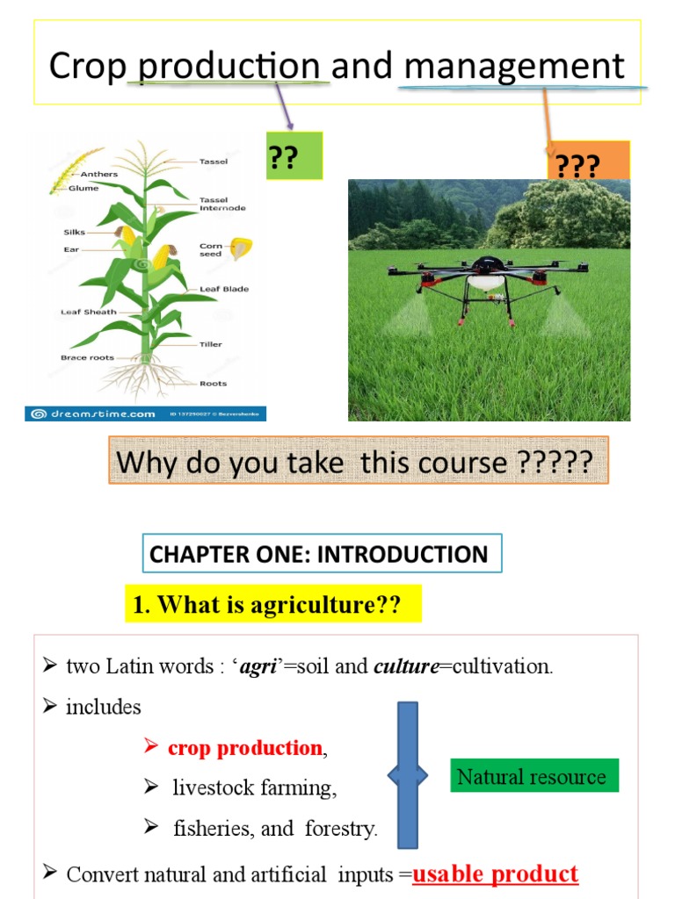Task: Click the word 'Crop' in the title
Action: click(88, 67)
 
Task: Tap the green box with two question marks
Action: click(294, 155)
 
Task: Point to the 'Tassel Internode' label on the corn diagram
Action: click(221, 204)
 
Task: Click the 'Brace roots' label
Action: click(87, 357)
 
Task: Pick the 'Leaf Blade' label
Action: click(223, 289)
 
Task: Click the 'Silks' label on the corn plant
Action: click(74, 233)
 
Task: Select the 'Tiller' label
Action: click(210, 344)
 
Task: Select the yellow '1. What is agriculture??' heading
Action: click(272, 605)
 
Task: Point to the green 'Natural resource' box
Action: click(531, 776)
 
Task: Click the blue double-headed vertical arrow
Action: click(407, 775)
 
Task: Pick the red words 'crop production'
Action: click(244, 749)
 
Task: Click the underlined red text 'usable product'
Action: click(496, 874)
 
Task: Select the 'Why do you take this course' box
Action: click(359, 462)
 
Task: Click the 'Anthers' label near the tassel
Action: click(98, 174)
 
